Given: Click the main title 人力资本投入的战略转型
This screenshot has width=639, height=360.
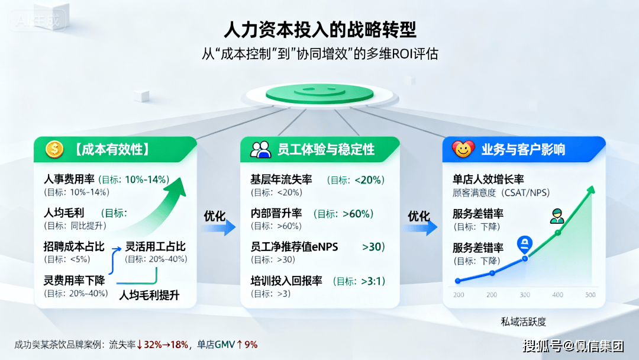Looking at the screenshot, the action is (320, 30).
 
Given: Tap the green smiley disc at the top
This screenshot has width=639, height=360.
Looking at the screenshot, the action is (319, 94).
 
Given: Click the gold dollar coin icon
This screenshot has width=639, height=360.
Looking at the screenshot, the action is (54, 149).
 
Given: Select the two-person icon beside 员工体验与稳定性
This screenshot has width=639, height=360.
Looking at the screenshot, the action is (261, 150).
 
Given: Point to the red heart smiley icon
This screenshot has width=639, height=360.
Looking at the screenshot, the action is (463, 149).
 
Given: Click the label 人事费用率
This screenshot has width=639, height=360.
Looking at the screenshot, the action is (69, 179).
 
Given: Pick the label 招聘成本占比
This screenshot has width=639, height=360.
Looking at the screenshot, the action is (74, 247).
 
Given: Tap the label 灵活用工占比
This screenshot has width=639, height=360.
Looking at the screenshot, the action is (155, 247).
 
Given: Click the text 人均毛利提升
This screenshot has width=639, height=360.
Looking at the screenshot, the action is (149, 295).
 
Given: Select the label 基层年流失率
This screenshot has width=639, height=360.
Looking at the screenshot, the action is (281, 180).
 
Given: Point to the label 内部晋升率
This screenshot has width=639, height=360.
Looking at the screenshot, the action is (276, 213).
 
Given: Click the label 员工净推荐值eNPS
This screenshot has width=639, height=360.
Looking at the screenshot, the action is (294, 247).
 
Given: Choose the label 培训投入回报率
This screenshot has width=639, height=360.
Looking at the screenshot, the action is (286, 281).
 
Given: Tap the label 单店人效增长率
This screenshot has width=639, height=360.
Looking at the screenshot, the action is (488, 179).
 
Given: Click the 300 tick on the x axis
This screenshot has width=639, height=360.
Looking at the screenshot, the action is (525, 295).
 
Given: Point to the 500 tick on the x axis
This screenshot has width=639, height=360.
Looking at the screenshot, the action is (590, 295).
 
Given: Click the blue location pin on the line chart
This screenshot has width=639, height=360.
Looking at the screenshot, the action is (525, 244).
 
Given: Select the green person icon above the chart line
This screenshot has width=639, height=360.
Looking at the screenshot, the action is (557, 216).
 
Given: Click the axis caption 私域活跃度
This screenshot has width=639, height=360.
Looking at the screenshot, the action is (523, 322).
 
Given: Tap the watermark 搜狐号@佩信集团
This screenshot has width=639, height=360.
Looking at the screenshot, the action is (573, 346).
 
